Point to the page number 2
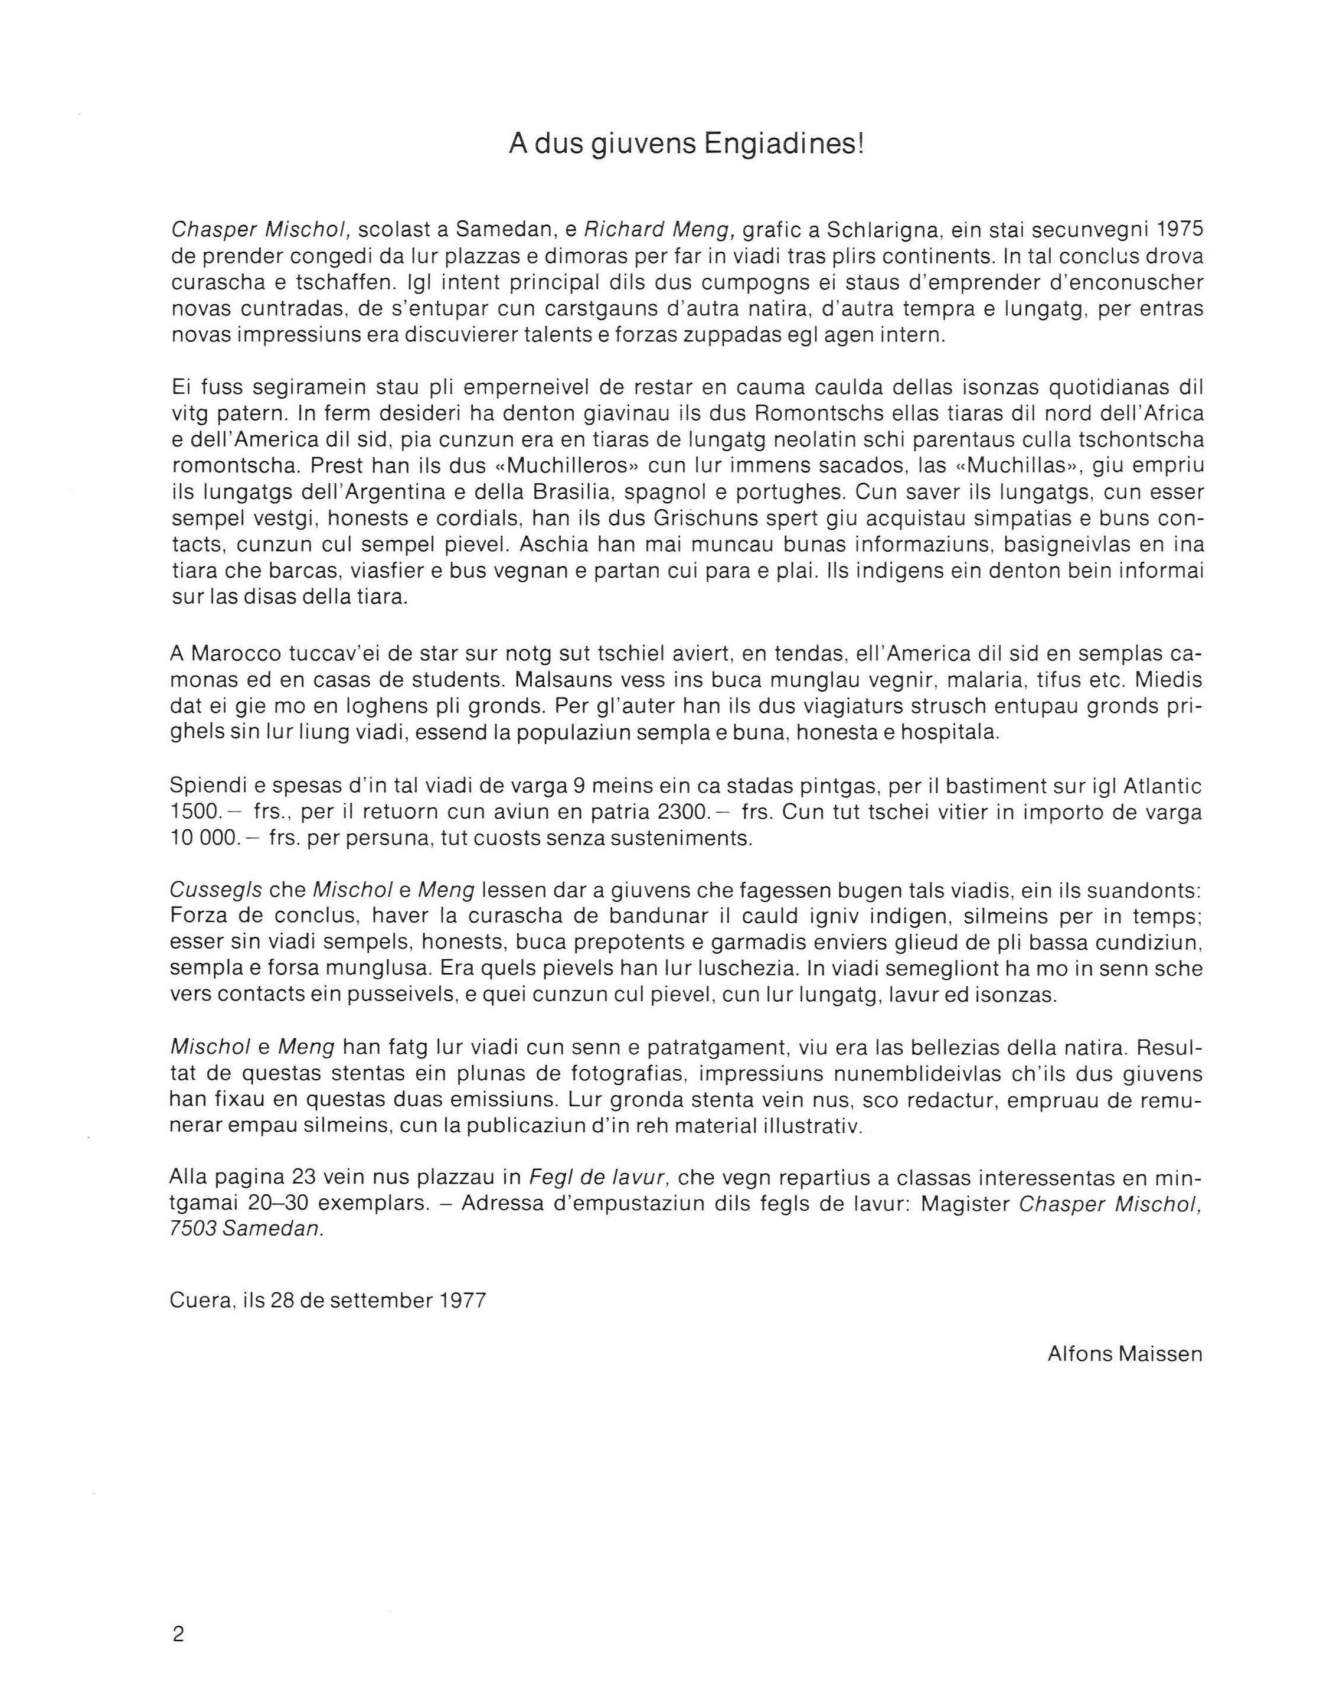coord(178,1634)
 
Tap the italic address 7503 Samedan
coord(246,1229)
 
